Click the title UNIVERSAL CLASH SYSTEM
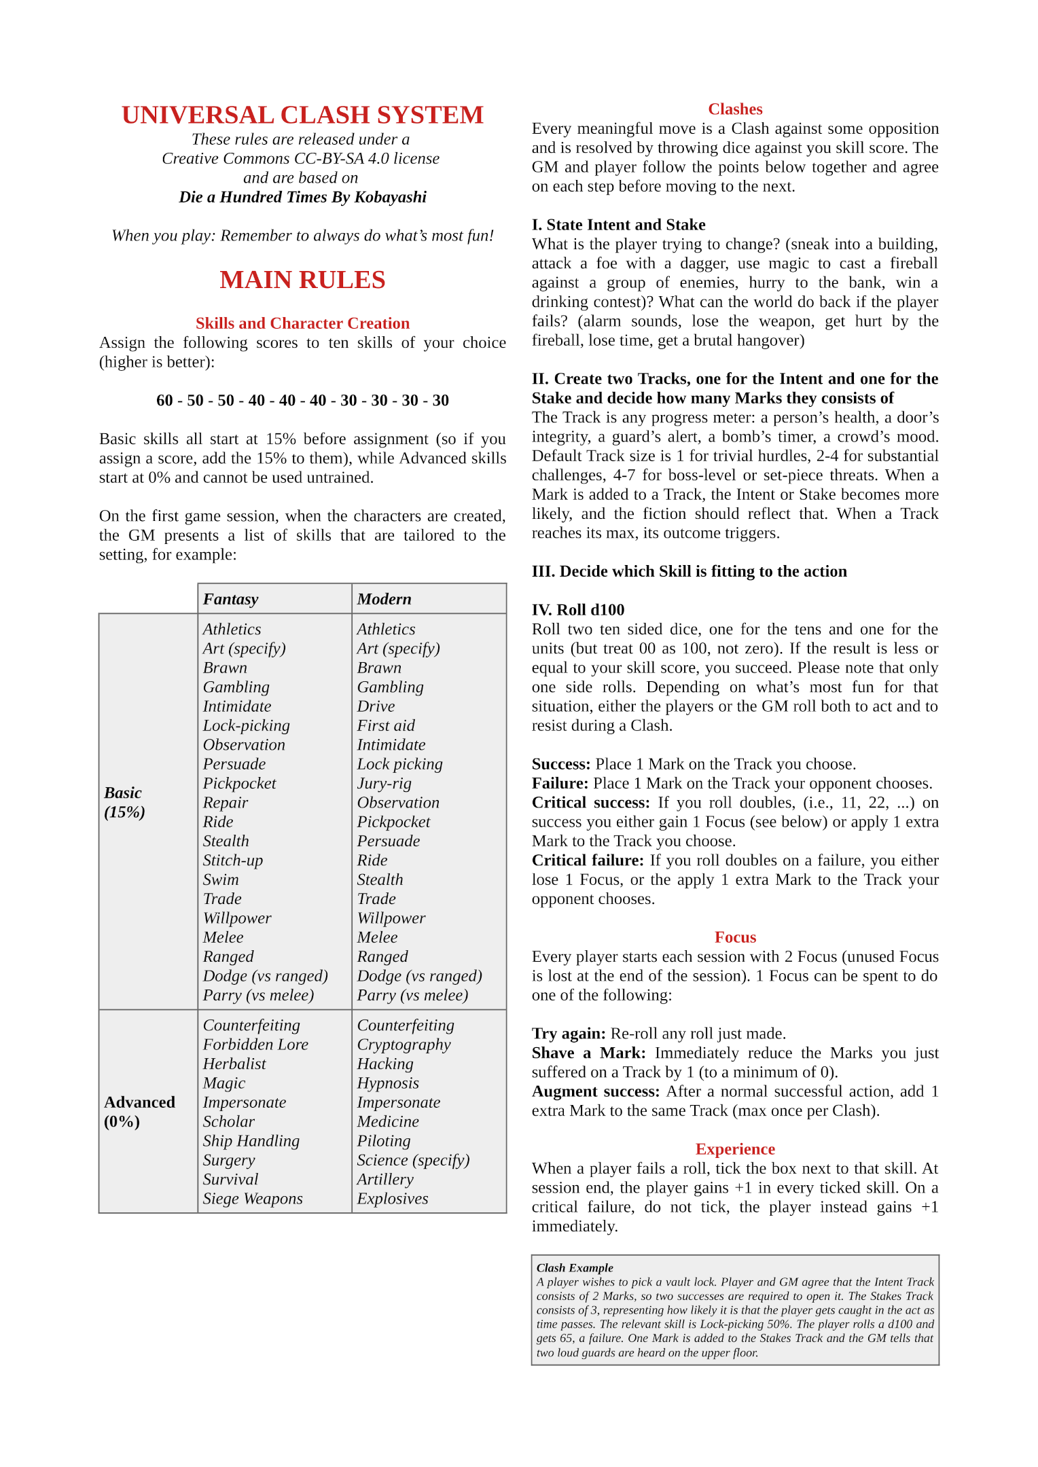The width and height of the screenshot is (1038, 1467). pyautogui.click(x=302, y=115)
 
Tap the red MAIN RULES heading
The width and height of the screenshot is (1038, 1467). pyautogui.click(x=302, y=280)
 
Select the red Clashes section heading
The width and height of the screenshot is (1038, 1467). pyautogui.click(x=735, y=109)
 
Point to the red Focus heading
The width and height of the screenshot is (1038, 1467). pyautogui.click(x=735, y=937)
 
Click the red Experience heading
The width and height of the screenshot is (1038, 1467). pyautogui.click(x=735, y=1149)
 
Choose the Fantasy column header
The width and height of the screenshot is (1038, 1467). pyautogui.click(x=231, y=599)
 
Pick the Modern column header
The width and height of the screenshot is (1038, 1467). pyautogui.click(x=384, y=599)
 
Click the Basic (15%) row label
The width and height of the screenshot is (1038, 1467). pyautogui.click(x=124, y=802)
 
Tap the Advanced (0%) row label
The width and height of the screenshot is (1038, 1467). pyautogui.click(x=139, y=1112)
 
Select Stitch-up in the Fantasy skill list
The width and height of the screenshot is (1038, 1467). pyautogui.click(x=233, y=861)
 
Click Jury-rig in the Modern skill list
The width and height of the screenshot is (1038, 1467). pyautogui.click(x=384, y=784)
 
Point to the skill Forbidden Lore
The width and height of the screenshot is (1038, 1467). pyautogui.click(x=255, y=1045)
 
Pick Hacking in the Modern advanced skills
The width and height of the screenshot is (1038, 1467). pyautogui.click(x=385, y=1064)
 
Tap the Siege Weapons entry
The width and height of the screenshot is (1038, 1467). pyautogui.click(x=253, y=1199)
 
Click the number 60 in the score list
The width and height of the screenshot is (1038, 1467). pyautogui.click(x=164, y=400)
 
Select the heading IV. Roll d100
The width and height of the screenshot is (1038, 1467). pyautogui.click(x=578, y=610)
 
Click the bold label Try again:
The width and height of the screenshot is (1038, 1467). pyautogui.click(x=569, y=1034)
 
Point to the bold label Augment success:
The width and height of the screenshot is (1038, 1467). pyautogui.click(x=596, y=1091)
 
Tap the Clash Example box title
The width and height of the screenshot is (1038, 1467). pyautogui.click(x=575, y=1267)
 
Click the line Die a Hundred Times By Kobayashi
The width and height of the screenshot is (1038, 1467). pyautogui.click(x=302, y=197)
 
